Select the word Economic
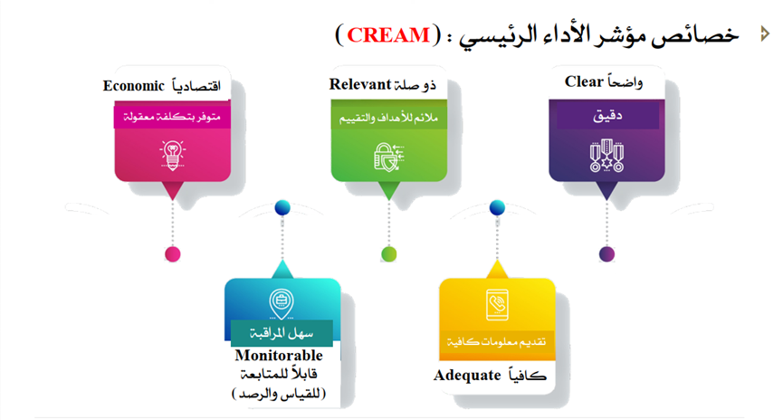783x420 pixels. pos(132,86)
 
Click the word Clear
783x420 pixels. pos(584,82)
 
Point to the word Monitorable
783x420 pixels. pos(278,356)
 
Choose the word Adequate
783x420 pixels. pos(467,375)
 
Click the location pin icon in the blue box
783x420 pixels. pos(282,301)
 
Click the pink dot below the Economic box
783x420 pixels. pos(171,253)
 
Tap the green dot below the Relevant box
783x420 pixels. pos(388,253)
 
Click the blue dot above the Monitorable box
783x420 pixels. pos(282,208)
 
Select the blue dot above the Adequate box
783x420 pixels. pos(497,208)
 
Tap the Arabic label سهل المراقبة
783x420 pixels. pos(281,332)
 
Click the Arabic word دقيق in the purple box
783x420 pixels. pos(606,118)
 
